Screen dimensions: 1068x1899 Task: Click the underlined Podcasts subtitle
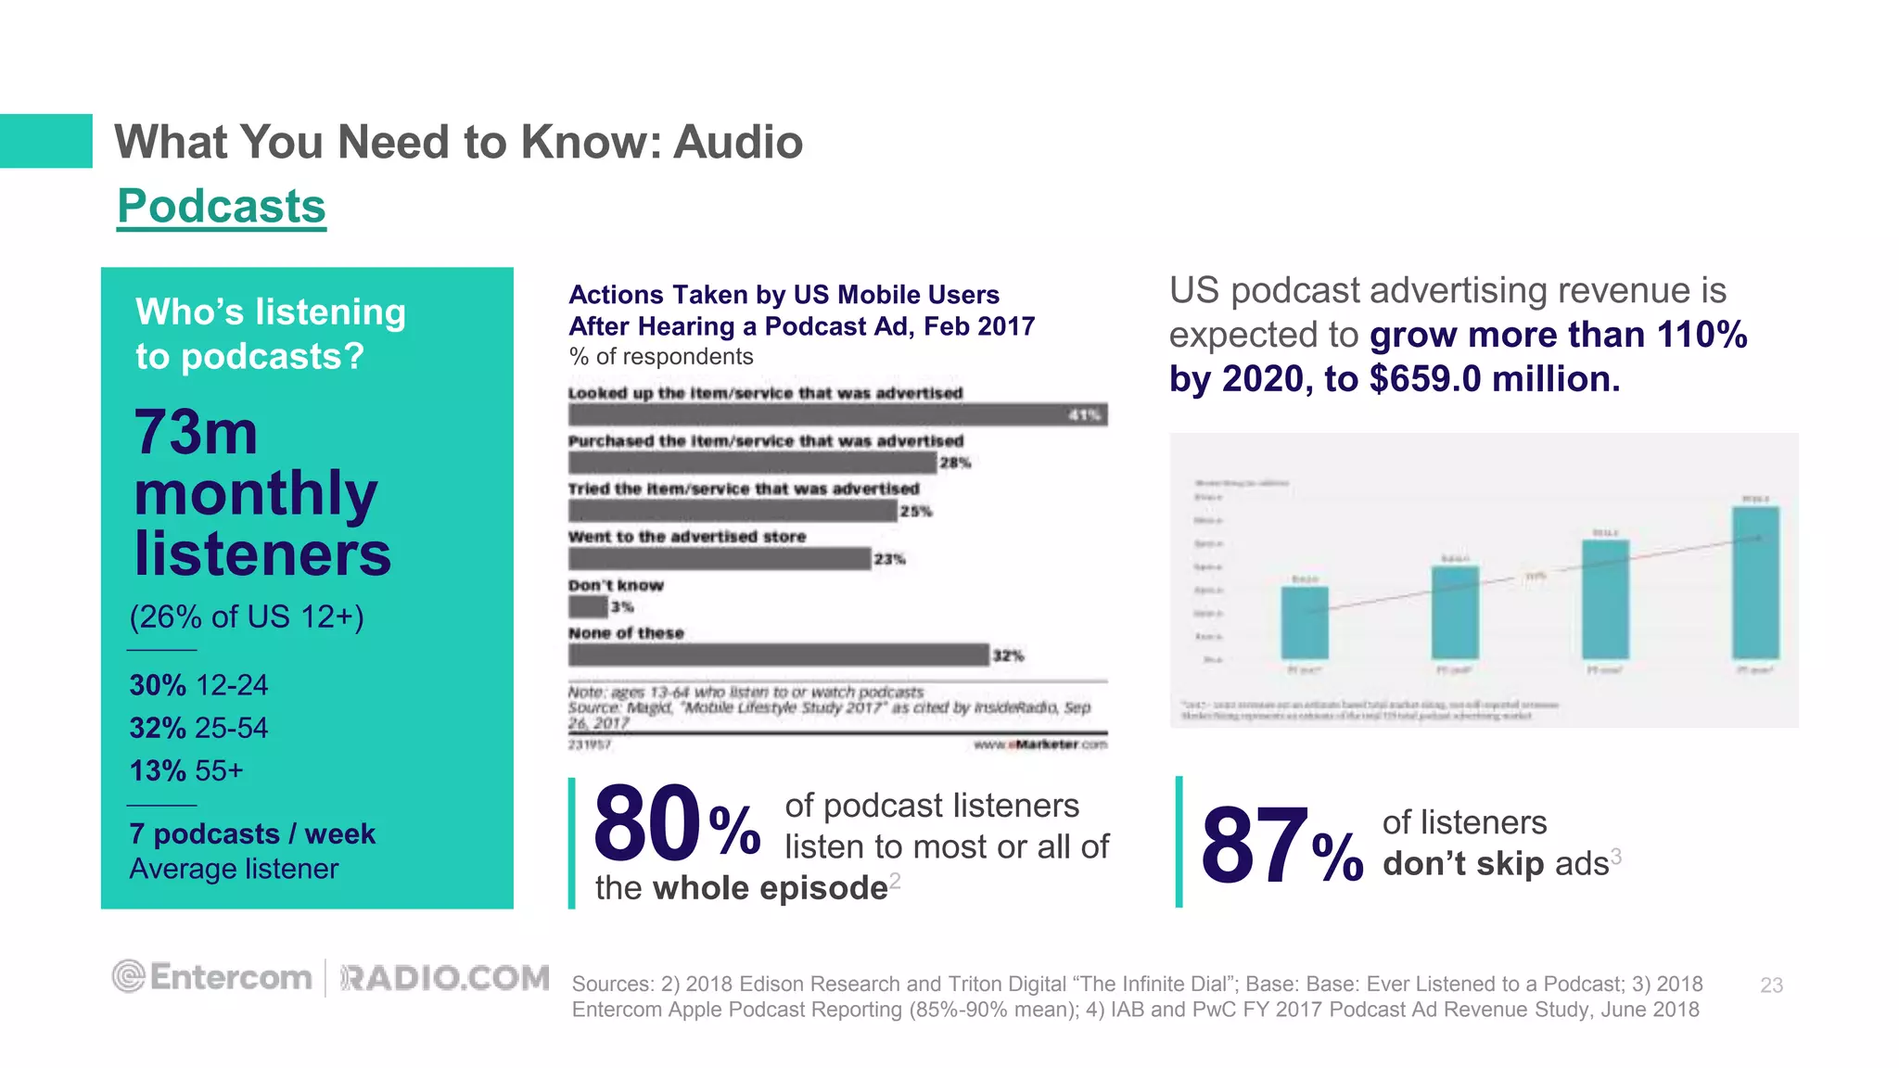tap(222, 206)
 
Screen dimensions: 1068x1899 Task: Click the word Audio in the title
tap(737, 142)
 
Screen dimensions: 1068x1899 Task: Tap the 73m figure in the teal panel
tap(196, 432)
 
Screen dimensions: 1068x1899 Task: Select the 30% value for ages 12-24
tap(158, 685)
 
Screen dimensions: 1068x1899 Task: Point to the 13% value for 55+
tap(158, 770)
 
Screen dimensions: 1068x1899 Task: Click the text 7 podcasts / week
tap(252, 833)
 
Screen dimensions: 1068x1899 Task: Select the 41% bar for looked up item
tap(837, 414)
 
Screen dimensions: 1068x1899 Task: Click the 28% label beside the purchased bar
tap(955, 463)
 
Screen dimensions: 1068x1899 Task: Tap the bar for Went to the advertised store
tap(720, 559)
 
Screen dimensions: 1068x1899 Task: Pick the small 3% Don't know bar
tap(588, 607)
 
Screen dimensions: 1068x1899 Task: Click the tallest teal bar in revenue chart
tap(1755, 582)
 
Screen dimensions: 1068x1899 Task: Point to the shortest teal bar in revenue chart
tap(1305, 622)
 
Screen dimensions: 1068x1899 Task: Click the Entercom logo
tap(213, 977)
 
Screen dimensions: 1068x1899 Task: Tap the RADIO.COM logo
tap(445, 978)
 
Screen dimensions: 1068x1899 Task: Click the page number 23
tap(1771, 985)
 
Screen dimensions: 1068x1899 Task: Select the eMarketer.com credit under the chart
tap(1040, 744)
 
